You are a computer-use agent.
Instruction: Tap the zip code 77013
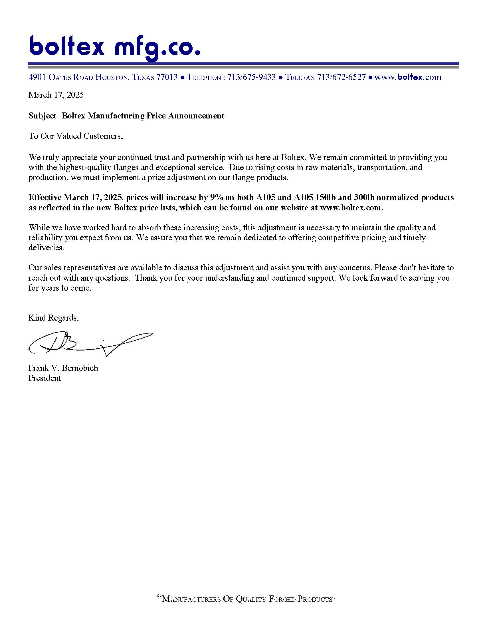(167, 77)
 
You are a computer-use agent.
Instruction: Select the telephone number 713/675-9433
(251, 77)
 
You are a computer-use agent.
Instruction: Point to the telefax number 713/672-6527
(341, 77)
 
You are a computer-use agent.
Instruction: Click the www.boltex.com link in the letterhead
(408, 77)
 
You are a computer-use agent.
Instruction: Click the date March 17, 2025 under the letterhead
(56, 95)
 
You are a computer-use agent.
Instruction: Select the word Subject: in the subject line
(44, 116)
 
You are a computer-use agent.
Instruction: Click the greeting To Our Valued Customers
(76, 136)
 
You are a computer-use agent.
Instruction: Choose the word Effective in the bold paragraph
(45, 197)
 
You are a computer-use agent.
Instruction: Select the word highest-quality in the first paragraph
(85, 167)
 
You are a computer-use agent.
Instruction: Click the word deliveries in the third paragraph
(46, 247)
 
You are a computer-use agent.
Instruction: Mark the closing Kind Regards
(53, 318)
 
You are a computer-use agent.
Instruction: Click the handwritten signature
(90, 344)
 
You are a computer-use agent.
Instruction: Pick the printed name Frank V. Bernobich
(63, 368)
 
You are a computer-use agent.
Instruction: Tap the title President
(45, 378)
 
